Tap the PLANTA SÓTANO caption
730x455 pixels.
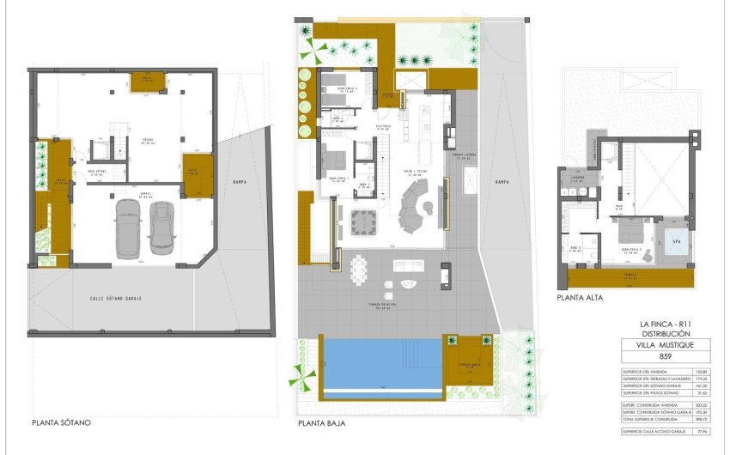click(x=61, y=422)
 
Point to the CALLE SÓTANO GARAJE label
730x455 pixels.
click(x=116, y=298)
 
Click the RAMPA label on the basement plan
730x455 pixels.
click(x=240, y=181)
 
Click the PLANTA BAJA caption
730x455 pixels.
click(x=322, y=422)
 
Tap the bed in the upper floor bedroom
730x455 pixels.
click(x=634, y=231)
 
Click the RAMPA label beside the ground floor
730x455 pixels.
click(x=502, y=182)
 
